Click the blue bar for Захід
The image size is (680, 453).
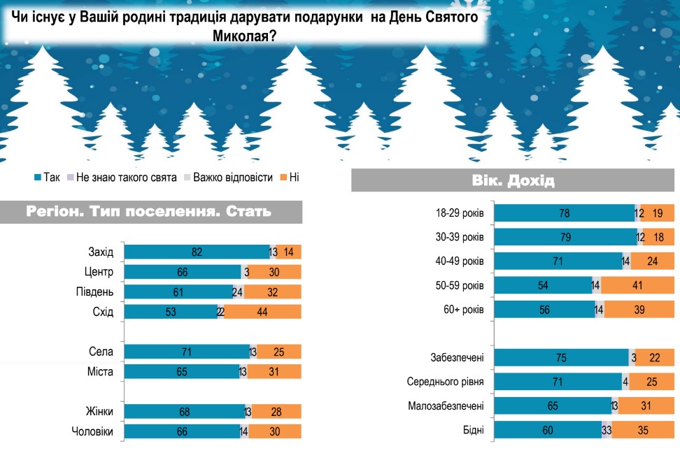(x=197, y=252)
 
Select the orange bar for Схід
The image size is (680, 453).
(x=262, y=312)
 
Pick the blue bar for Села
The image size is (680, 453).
(x=187, y=352)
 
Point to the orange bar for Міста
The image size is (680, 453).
(x=275, y=371)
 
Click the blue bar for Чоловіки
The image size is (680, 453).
(x=182, y=431)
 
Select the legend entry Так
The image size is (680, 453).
(x=47, y=178)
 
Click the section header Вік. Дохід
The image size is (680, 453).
(x=513, y=181)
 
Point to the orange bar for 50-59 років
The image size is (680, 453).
(x=637, y=285)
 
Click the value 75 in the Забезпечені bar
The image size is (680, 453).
(x=561, y=358)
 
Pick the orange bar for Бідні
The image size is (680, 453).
(x=642, y=430)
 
